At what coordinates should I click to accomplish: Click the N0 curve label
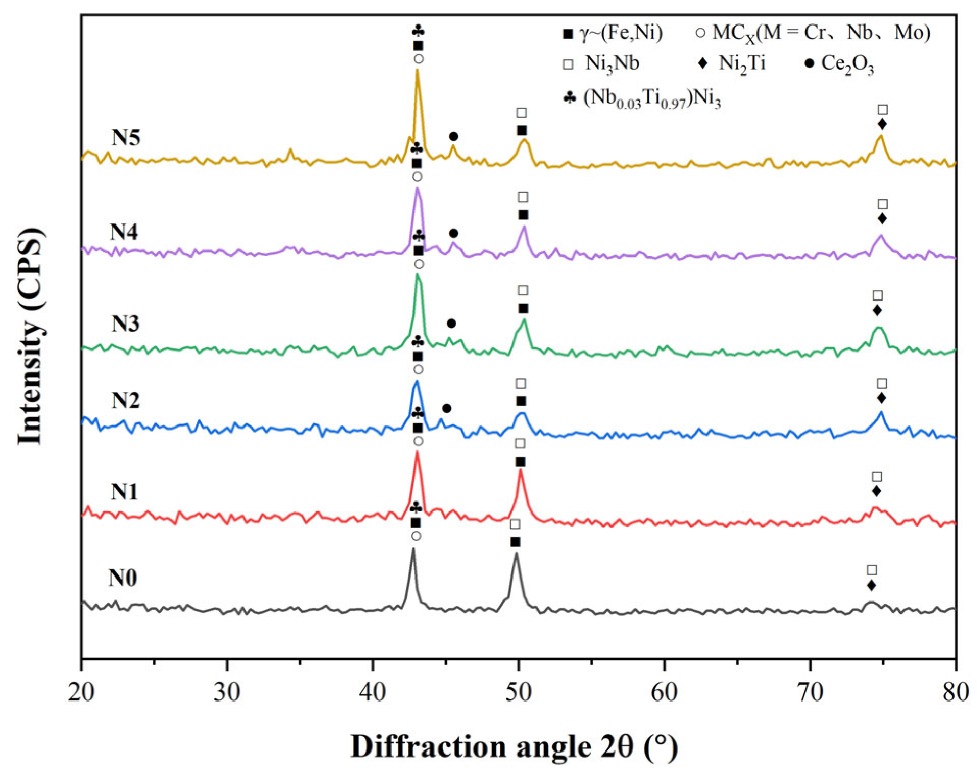tap(123, 578)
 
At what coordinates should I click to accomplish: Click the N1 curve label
tap(124, 492)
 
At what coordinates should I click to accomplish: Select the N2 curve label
tap(125, 400)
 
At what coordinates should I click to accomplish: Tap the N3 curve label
tap(125, 323)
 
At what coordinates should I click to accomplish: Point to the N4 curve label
tap(124, 232)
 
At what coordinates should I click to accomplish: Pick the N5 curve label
tap(126, 138)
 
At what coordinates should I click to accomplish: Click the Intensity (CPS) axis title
tap(31, 337)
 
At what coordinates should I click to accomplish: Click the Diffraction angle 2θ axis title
tap(514, 747)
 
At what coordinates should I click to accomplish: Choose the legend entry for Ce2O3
tap(839, 64)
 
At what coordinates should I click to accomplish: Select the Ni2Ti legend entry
tap(732, 64)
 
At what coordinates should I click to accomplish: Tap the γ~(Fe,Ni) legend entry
tap(613, 33)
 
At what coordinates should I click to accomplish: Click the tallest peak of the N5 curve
tap(417, 71)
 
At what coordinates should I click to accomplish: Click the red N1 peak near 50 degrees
tap(520, 470)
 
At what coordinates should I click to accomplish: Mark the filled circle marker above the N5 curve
tap(453, 136)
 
